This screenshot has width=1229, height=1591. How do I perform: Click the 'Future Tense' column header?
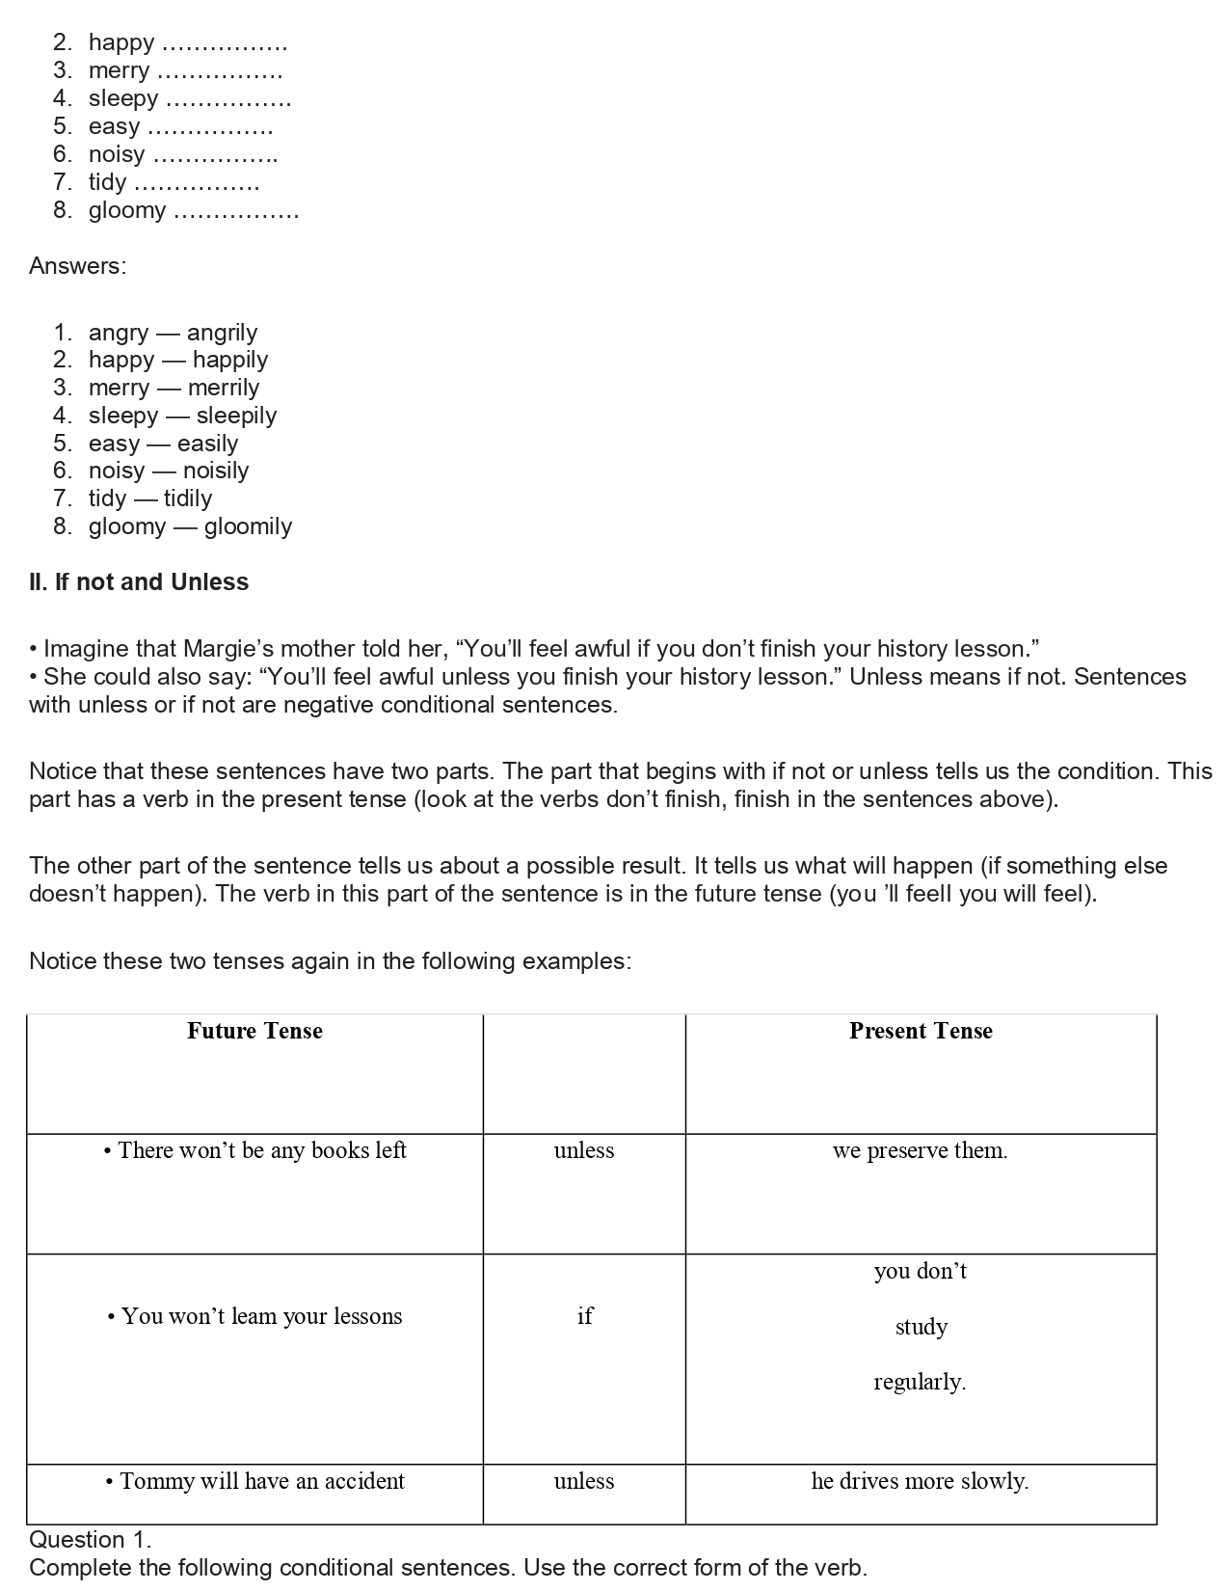click(x=254, y=1031)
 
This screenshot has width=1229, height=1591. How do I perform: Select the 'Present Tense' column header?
click(x=921, y=1031)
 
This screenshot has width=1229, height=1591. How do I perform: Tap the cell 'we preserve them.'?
click(x=920, y=1150)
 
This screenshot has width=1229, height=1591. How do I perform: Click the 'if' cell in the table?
click(x=584, y=1316)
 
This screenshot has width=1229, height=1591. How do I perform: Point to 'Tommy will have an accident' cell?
click(x=255, y=1481)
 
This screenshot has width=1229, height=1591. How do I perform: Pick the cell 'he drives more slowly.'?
click(x=920, y=1481)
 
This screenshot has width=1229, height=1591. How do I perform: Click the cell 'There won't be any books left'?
click(x=255, y=1150)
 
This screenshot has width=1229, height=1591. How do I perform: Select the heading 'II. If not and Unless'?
click(x=139, y=582)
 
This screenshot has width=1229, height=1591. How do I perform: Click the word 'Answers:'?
click(x=77, y=266)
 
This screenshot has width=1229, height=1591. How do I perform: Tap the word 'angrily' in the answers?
click(x=222, y=333)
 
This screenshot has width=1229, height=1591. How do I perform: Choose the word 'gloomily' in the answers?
click(x=248, y=526)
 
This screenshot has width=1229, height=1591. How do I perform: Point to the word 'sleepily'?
click(x=236, y=416)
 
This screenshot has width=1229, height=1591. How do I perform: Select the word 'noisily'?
click(x=216, y=471)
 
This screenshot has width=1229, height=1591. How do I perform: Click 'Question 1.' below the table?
click(x=91, y=1539)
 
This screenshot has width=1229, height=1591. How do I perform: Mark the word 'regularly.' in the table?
click(x=920, y=1382)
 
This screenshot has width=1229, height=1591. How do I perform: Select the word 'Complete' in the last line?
click(x=76, y=1568)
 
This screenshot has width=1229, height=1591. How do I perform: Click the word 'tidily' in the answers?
click(x=188, y=499)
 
